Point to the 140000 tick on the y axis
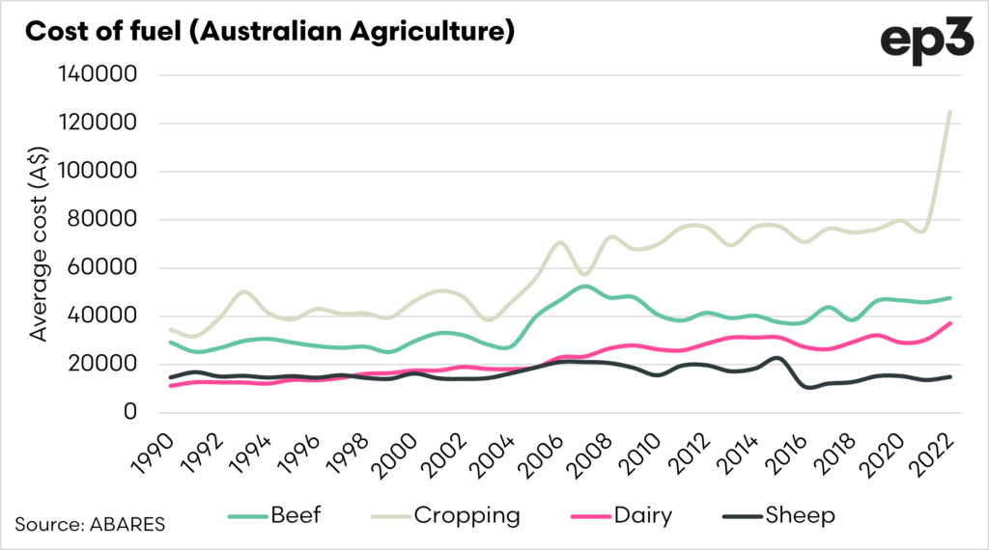point(99,75)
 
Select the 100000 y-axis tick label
point(99,172)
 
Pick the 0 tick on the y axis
point(129,413)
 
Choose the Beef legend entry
point(274,516)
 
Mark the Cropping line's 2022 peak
point(950,112)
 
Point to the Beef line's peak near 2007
point(585,286)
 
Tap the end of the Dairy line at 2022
point(950,323)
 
